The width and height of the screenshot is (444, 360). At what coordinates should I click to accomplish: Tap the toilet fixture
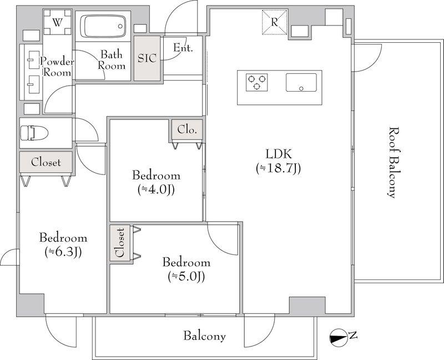point(34,133)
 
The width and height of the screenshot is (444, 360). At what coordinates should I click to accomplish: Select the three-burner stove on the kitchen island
point(256,82)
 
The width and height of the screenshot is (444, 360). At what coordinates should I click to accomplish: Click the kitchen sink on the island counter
point(301,82)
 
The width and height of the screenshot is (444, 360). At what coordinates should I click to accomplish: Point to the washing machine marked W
point(58,22)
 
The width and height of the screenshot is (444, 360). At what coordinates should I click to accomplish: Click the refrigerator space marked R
point(275,22)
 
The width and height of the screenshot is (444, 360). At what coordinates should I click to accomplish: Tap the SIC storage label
point(147,58)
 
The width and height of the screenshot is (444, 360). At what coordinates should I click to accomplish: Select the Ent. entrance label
point(183,48)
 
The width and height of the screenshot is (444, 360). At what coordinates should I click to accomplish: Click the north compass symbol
point(337,337)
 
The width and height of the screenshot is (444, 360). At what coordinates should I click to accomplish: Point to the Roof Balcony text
point(393,162)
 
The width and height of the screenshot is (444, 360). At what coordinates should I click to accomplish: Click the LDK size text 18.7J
point(278,168)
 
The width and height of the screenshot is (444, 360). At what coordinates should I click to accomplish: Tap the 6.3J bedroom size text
point(63,252)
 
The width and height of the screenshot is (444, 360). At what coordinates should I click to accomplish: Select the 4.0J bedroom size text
point(156,189)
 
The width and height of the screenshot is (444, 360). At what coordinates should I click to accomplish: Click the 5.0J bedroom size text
point(186,276)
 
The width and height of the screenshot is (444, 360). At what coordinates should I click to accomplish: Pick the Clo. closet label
point(187,129)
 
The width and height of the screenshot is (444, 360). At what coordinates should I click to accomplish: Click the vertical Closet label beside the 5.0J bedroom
point(120,242)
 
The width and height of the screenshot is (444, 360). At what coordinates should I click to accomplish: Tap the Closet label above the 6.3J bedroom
point(46,162)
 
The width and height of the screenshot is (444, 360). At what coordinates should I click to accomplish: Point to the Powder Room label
point(57,67)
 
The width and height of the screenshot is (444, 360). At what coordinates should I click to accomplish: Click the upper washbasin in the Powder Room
point(34,60)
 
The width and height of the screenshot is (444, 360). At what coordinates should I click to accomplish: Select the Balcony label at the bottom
point(204,336)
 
